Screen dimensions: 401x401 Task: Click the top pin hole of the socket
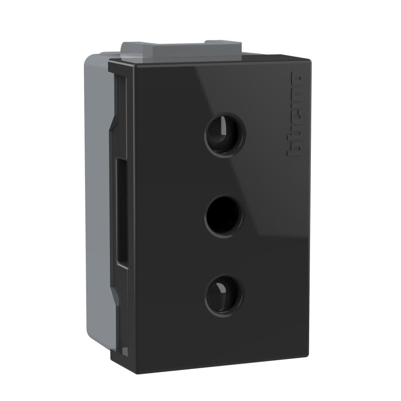coord(224,135)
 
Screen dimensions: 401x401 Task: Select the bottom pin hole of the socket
coord(224,295)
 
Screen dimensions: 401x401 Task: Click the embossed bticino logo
coord(295,114)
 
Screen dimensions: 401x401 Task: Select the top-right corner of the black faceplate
coord(310,61)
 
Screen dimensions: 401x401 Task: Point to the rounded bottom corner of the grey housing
coord(90,337)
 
